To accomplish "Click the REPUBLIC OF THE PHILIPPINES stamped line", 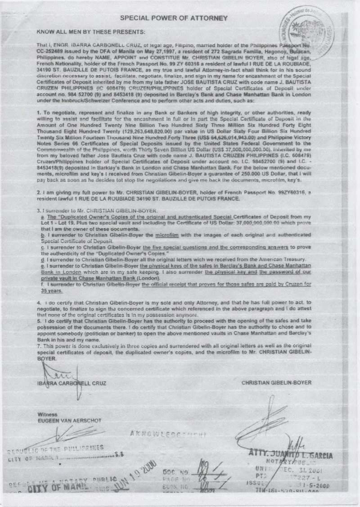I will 54,448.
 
